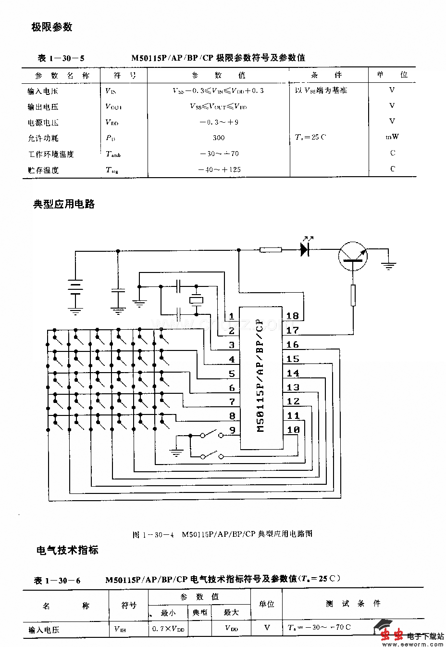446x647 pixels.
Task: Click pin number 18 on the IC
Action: coord(292,316)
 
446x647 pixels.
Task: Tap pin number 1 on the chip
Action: coord(232,316)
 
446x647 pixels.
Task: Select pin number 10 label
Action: coord(293,429)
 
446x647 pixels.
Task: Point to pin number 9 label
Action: coord(232,430)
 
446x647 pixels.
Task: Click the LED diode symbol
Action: coord(304,248)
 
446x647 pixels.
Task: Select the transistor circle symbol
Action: coord(353,256)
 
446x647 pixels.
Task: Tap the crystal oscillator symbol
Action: coord(196,300)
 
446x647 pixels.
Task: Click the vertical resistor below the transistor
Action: coord(353,295)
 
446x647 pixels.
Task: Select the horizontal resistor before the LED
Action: coord(271,250)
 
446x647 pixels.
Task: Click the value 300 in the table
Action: coord(218,138)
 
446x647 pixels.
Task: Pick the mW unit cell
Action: coord(392,137)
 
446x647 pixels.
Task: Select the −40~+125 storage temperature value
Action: coord(219,169)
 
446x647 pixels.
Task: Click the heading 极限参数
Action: coord(52,27)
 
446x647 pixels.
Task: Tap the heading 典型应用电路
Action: coord(64,204)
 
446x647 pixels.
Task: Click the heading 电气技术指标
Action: coord(67,550)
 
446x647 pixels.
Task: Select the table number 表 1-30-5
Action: coord(61,58)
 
